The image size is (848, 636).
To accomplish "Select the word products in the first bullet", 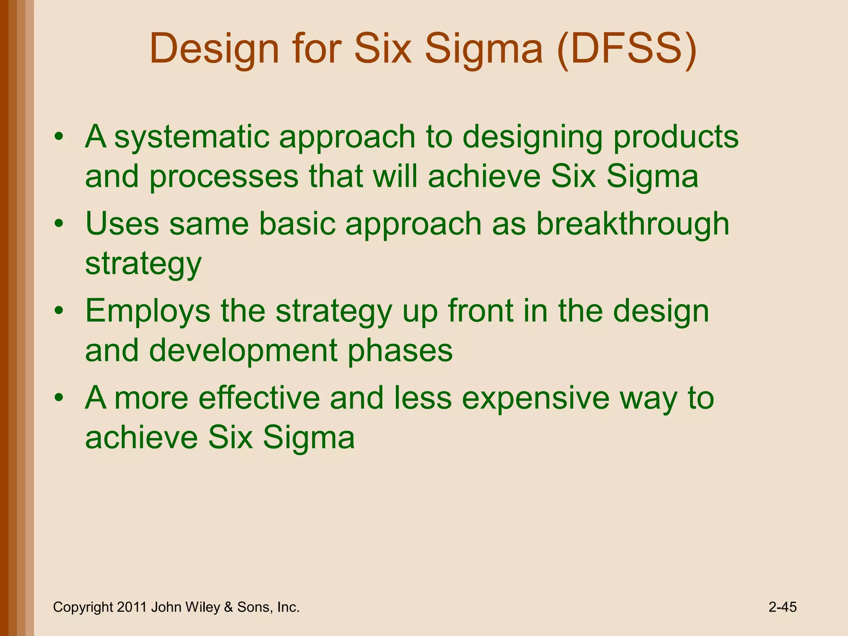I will (676, 137).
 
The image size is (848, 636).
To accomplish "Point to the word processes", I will (224, 177).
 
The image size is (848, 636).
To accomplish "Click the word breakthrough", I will (632, 224).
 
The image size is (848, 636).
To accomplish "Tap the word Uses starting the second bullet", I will (122, 224).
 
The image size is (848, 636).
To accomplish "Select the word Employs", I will (147, 311).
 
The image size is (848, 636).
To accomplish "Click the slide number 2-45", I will (782, 607).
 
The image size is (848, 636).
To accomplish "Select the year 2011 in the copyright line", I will (132, 607).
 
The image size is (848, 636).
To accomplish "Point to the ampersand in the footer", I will (228, 607).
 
